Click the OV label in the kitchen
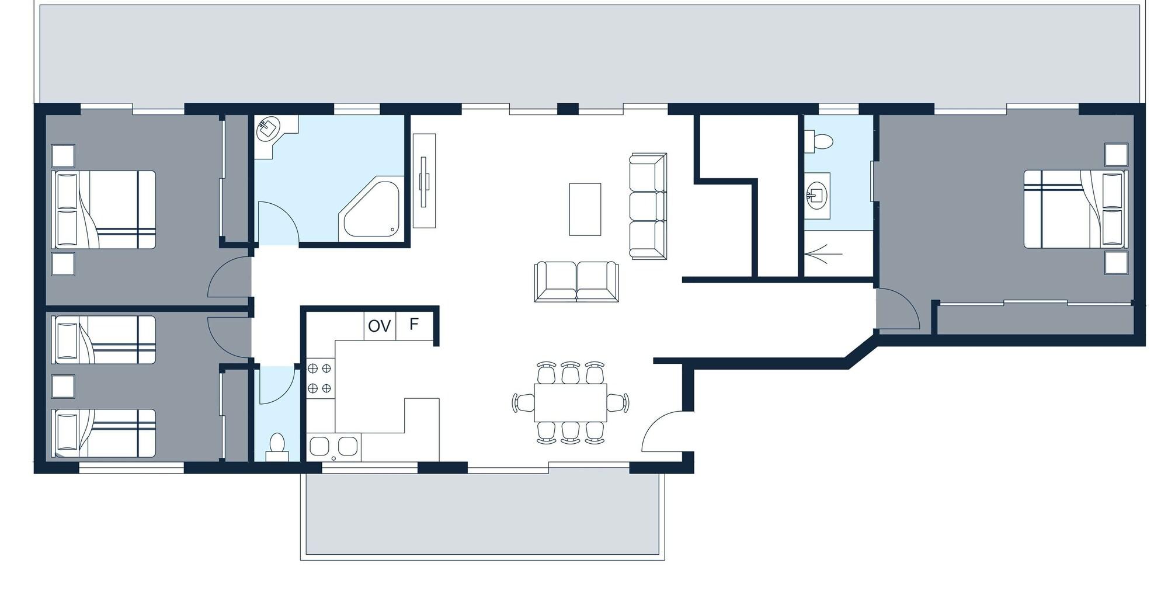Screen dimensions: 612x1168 (x=380, y=326)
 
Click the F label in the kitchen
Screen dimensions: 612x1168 (x=414, y=324)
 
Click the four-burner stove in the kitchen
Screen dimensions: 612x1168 (x=319, y=378)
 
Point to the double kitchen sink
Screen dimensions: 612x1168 (x=333, y=447)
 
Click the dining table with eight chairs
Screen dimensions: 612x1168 (x=570, y=402)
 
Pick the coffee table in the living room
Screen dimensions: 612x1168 (x=585, y=209)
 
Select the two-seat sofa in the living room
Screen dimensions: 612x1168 (x=576, y=281)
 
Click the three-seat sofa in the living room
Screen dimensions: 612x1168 (x=648, y=206)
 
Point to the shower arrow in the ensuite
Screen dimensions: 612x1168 (x=823, y=253)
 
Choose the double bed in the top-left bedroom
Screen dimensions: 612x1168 (x=105, y=210)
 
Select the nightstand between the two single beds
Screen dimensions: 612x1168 (x=63, y=386)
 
